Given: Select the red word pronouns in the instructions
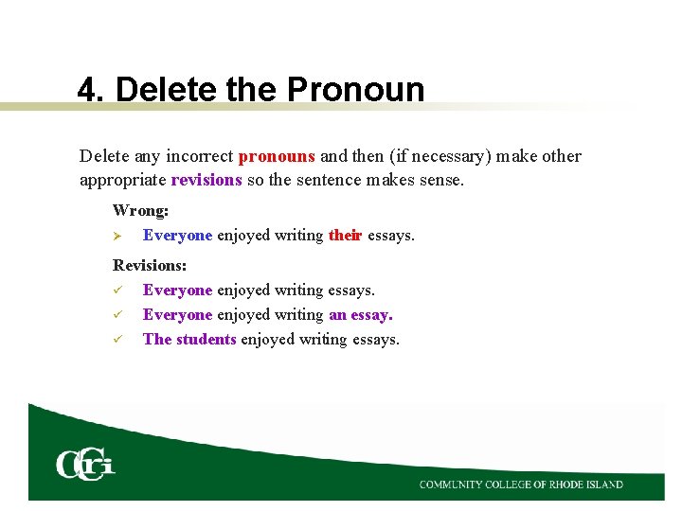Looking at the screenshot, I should click(277, 156).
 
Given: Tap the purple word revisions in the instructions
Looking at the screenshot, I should click(206, 180).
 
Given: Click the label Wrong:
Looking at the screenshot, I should click(140, 211).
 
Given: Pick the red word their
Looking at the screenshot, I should click(345, 236).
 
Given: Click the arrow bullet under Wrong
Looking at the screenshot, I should click(117, 236).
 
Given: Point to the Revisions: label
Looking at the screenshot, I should click(150, 267).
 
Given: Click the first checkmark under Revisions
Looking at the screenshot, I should click(117, 291).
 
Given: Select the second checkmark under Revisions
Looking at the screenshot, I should click(117, 315).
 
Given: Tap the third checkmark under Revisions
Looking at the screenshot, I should click(117, 340).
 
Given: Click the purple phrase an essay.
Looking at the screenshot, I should click(360, 315).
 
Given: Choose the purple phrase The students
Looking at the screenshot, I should click(189, 340).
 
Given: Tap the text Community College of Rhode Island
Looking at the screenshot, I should click(521, 485).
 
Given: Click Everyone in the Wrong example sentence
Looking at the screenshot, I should click(177, 236).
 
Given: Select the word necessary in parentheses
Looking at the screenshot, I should click(448, 156).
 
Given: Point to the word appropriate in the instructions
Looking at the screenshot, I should click(122, 180).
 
